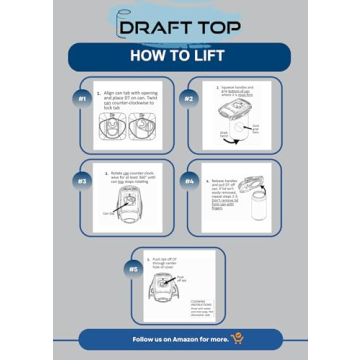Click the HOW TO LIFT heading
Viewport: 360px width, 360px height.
coord(180,55)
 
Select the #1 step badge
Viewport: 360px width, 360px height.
coord(83,99)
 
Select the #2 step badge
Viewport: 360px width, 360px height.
coord(188,99)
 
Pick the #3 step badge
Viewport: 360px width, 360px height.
coord(83,182)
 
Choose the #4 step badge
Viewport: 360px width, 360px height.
coord(188,182)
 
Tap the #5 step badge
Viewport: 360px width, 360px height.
coord(134,268)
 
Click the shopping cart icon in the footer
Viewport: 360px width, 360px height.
coord(238,340)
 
